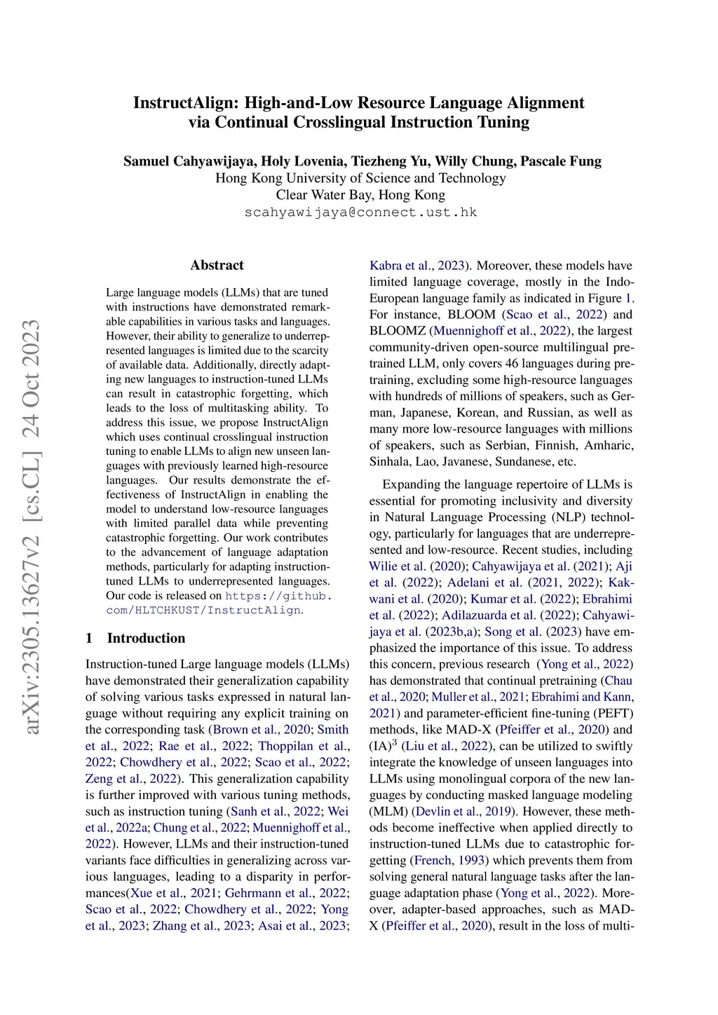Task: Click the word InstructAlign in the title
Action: click(186, 103)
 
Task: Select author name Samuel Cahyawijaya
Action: click(188, 161)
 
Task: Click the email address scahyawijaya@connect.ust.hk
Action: click(360, 212)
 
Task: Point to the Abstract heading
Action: click(217, 265)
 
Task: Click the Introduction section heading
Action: click(146, 638)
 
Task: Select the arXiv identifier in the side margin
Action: click(32, 526)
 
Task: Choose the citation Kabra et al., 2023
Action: click(418, 266)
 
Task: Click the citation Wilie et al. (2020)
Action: click(417, 566)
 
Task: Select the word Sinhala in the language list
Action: click(390, 461)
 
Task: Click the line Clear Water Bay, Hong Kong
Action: click(360, 195)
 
